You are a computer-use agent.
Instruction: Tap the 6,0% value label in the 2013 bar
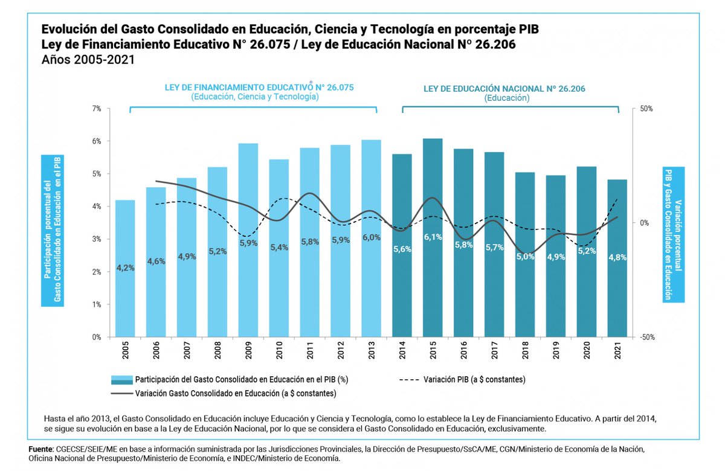coord(371,237)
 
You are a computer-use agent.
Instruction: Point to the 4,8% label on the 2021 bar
coord(617,257)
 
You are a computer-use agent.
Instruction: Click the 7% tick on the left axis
coord(96,109)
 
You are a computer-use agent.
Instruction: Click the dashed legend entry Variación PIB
coord(462,380)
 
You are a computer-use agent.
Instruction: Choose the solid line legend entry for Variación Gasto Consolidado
coord(223,393)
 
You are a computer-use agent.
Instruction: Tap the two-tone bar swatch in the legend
coord(121,380)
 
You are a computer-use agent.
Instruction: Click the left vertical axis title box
coord(52,229)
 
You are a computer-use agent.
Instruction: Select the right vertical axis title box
coord(674,234)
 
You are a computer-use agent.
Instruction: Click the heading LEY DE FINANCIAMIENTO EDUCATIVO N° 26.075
coord(259,87)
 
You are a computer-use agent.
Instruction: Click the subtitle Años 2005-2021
coord(88,60)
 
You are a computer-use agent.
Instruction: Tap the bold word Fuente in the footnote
coord(40,450)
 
